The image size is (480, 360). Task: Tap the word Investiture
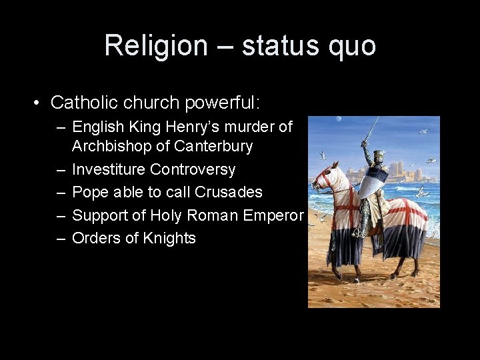[x=107, y=169]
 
